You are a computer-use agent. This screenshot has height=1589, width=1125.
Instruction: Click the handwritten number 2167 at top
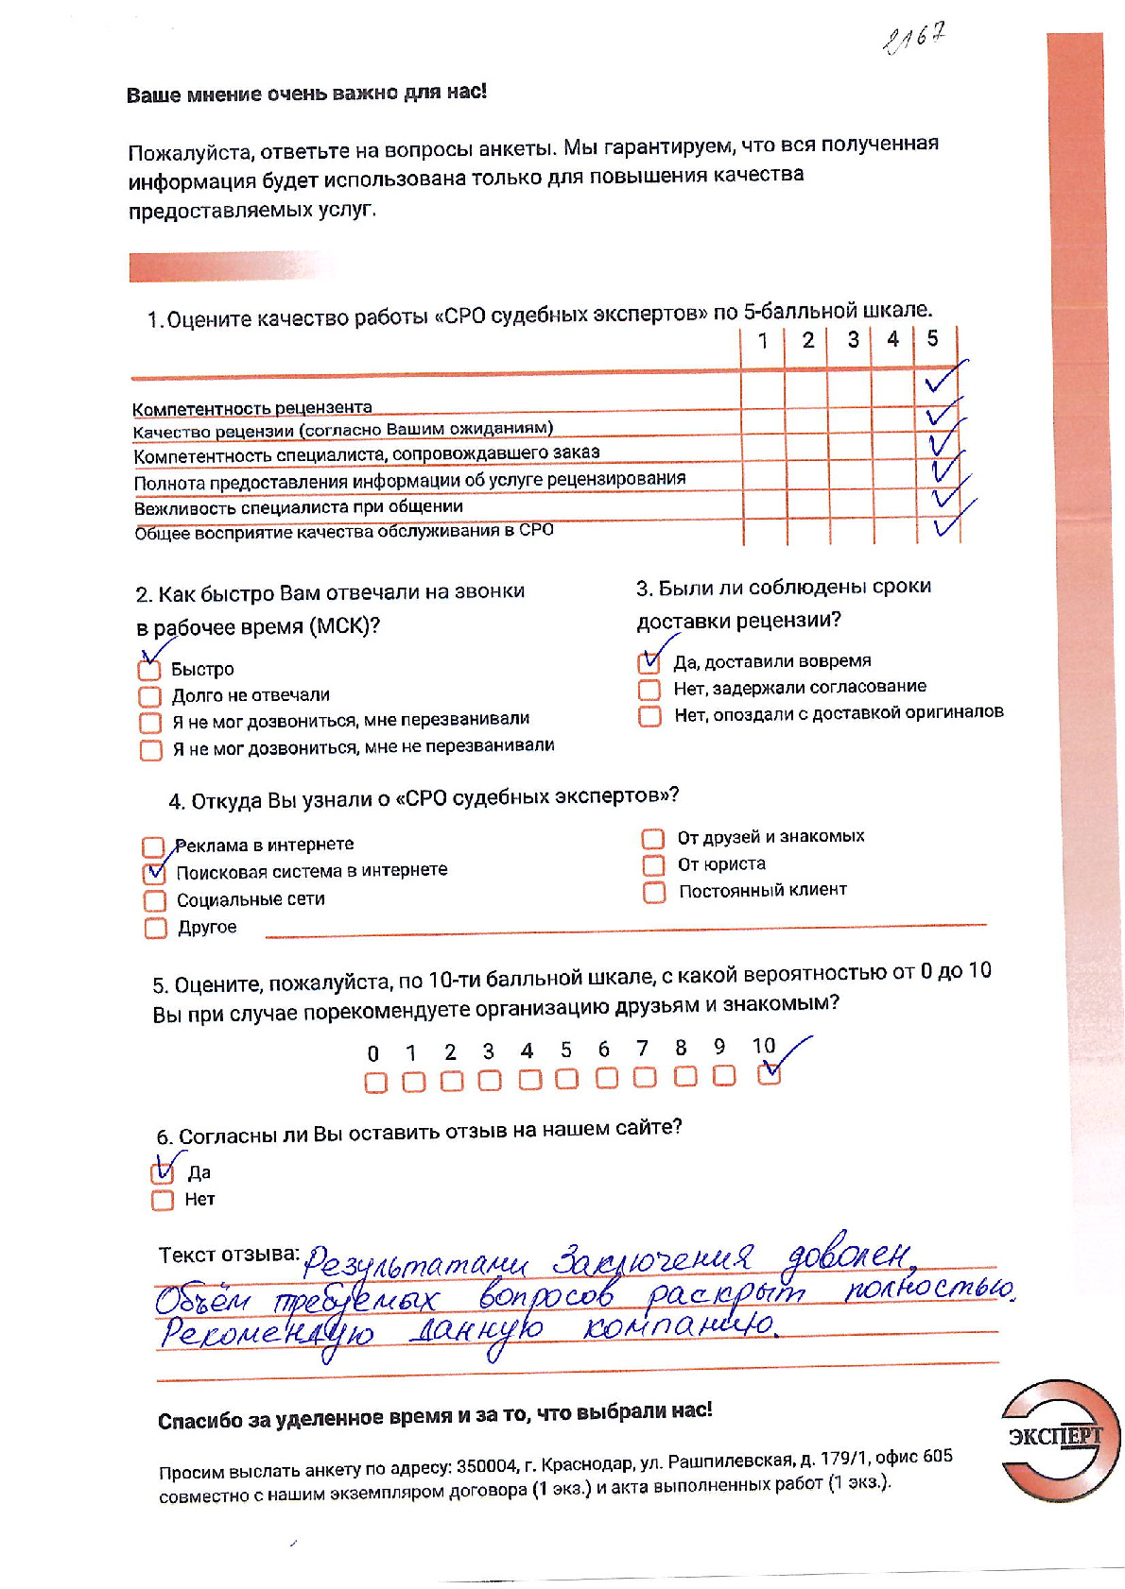[913, 39]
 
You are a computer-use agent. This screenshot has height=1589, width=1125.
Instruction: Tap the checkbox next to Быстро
[149, 670]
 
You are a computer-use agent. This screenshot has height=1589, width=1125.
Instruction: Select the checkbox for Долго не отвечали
[149, 696]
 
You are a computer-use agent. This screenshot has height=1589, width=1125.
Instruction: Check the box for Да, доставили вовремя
[649, 662]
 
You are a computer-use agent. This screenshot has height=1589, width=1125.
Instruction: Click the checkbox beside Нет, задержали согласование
[649, 689]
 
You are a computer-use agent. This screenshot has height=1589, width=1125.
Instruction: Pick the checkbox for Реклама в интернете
[153, 846]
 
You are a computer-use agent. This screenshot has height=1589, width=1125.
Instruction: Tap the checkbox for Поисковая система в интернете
[154, 873]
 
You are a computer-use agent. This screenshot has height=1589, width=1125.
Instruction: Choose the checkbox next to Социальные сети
[155, 900]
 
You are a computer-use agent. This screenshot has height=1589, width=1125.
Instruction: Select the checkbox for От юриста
[653, 864]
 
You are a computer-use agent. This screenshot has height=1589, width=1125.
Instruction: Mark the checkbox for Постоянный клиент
[654, 892]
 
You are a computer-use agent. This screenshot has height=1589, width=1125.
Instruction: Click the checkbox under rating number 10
[770, 1073]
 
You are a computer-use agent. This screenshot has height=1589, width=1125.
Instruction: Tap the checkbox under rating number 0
[375, 1083]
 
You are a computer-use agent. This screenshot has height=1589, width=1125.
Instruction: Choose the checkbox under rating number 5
[566, 1079]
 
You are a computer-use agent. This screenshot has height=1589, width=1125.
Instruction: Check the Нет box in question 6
[163, 1200]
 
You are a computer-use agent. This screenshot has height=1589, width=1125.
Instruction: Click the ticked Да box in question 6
[163, 1172]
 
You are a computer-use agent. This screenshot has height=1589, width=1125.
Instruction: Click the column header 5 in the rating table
[932, 338]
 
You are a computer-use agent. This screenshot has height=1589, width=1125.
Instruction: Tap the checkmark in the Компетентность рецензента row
[942, 380]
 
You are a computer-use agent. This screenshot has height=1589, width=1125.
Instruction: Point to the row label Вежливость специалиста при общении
[298, 507]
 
